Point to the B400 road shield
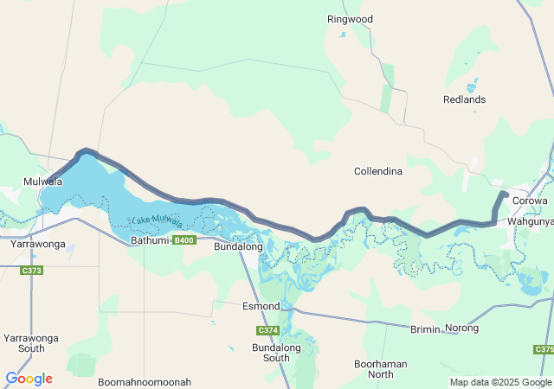click(x=184, y=240)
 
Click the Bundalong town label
click(x=238, y=247)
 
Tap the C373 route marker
click(x=32, y=271)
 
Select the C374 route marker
click(x=267, y=331)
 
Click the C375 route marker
click(x=543, y=349)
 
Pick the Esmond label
click(x=261, y=307)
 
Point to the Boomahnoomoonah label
click(x=144, y=382)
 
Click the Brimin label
click(x=424, y=328)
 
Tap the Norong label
click(x=461, y=328)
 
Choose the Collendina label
click(x=378, y=171)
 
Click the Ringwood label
click(x=350, y=19)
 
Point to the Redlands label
click(x=464, y=100)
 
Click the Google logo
click(x=29, y=379)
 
